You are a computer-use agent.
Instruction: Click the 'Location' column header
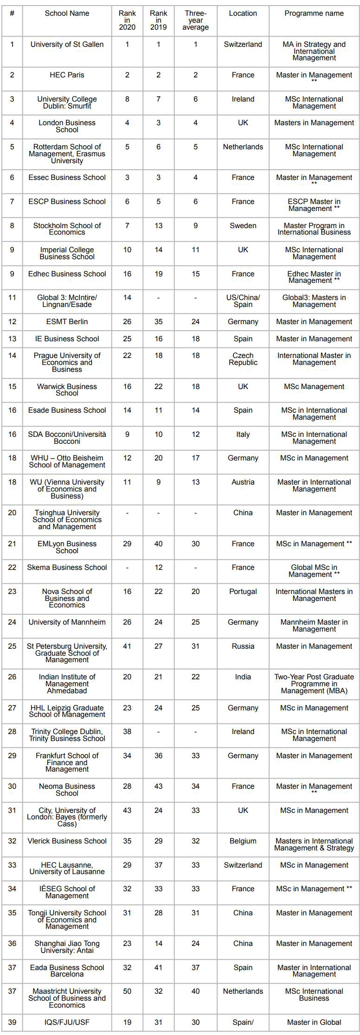tap(243, 13)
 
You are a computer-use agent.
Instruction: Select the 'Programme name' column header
tap(314, 13)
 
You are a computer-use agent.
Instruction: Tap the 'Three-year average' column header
tap(195, 20)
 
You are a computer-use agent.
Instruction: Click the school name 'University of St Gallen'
tap(67, 45)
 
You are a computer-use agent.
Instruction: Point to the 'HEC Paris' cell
tap(67, 75)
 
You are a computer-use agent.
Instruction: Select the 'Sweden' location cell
tap(243, 226)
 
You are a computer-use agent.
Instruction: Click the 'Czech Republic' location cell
tap(243, 359)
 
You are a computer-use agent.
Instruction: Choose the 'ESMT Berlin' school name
tap(67, 322)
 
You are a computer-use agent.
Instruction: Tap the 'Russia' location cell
tap(243, 646)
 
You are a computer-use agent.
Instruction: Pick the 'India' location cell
tap(243, 677)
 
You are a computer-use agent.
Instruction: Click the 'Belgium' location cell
tap(243, 841)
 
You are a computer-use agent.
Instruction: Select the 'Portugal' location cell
tap(243, 592)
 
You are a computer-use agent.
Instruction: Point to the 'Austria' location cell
tap(243, 482)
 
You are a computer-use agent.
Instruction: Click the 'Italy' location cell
tap(243, 434)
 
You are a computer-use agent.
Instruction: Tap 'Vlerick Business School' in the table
tap(67, 841)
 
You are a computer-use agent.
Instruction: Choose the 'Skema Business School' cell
tap(67, 568)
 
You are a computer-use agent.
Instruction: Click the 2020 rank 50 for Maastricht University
tap(127, 991)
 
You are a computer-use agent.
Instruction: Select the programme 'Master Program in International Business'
tap(314, 229)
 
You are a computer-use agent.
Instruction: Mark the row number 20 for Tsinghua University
tap(12, 513)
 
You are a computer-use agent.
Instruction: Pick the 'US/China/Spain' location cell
tap(243, 301)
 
